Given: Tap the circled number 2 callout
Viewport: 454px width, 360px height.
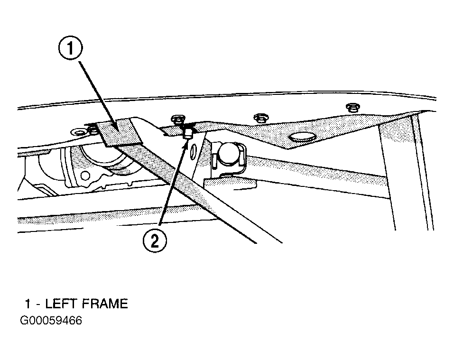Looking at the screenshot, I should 155,242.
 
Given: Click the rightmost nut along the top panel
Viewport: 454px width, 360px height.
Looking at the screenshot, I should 352,107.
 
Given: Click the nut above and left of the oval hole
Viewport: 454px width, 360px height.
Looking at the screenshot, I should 259,117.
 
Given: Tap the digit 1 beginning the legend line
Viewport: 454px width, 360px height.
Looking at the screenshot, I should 28,304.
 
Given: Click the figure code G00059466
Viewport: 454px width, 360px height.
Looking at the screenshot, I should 51,321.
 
